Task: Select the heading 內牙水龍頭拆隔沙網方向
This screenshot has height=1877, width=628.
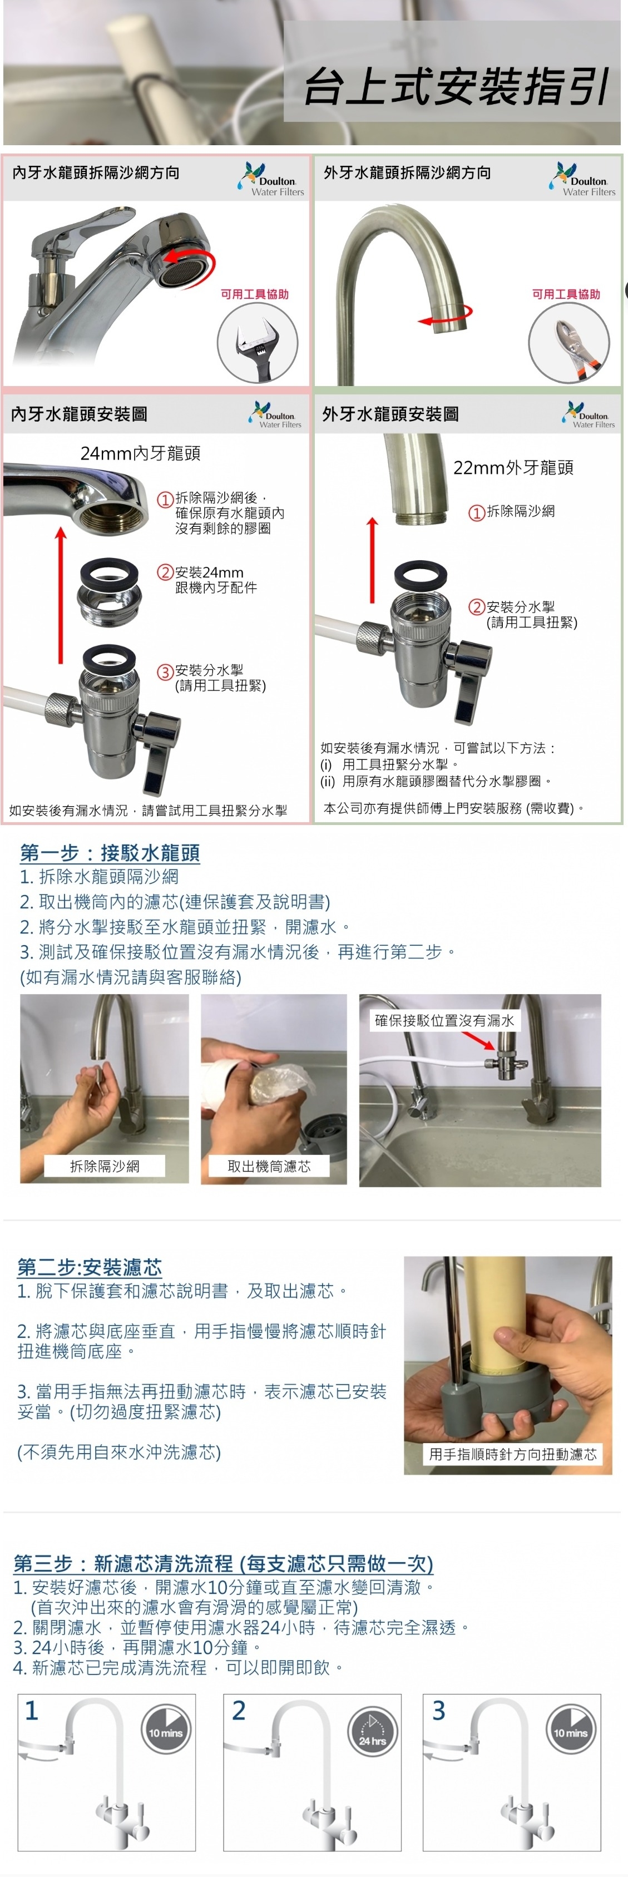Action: (96, 172)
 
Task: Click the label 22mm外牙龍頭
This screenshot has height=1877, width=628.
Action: (513, 468)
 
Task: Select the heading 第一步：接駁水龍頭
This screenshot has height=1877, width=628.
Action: (110, 852)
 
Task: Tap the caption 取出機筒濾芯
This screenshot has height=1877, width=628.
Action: (269, 1166)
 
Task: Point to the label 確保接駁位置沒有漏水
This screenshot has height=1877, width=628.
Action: (444, 1020)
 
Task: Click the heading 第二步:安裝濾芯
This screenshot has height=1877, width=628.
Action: (89, 1267)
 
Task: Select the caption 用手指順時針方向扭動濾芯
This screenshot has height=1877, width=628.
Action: (512, 1454)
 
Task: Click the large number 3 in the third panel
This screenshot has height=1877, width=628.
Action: (438, 1710)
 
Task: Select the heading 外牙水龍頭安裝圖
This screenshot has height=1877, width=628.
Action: (390, 414)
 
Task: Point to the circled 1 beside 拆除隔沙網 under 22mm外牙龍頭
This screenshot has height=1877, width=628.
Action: (477, 512)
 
